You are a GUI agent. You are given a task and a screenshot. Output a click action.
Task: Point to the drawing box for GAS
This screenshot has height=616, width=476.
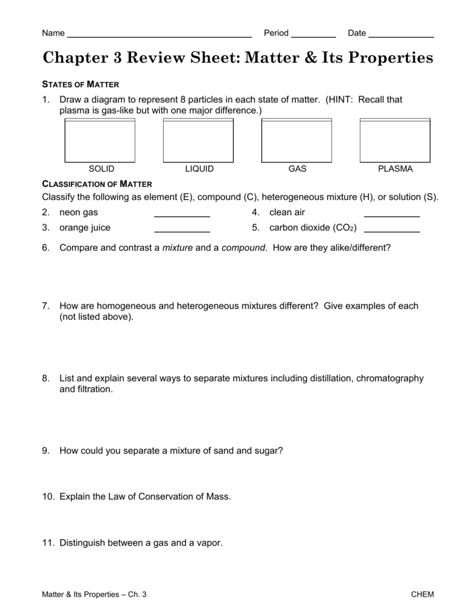297,140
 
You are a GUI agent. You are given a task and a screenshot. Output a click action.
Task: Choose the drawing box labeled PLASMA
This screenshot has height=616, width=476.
395,140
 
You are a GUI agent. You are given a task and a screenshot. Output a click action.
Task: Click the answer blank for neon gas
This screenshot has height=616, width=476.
182,215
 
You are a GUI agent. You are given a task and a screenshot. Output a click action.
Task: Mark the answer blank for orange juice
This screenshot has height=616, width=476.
182,230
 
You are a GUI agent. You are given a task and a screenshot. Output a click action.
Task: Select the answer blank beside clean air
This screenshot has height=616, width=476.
392,215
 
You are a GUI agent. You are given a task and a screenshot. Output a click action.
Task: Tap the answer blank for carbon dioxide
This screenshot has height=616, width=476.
392,230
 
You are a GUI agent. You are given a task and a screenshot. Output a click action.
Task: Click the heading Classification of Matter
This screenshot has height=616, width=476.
97,183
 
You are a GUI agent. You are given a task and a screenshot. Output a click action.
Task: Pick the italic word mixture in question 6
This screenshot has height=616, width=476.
178,247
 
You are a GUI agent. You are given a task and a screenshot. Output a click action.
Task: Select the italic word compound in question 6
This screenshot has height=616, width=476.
243,247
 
